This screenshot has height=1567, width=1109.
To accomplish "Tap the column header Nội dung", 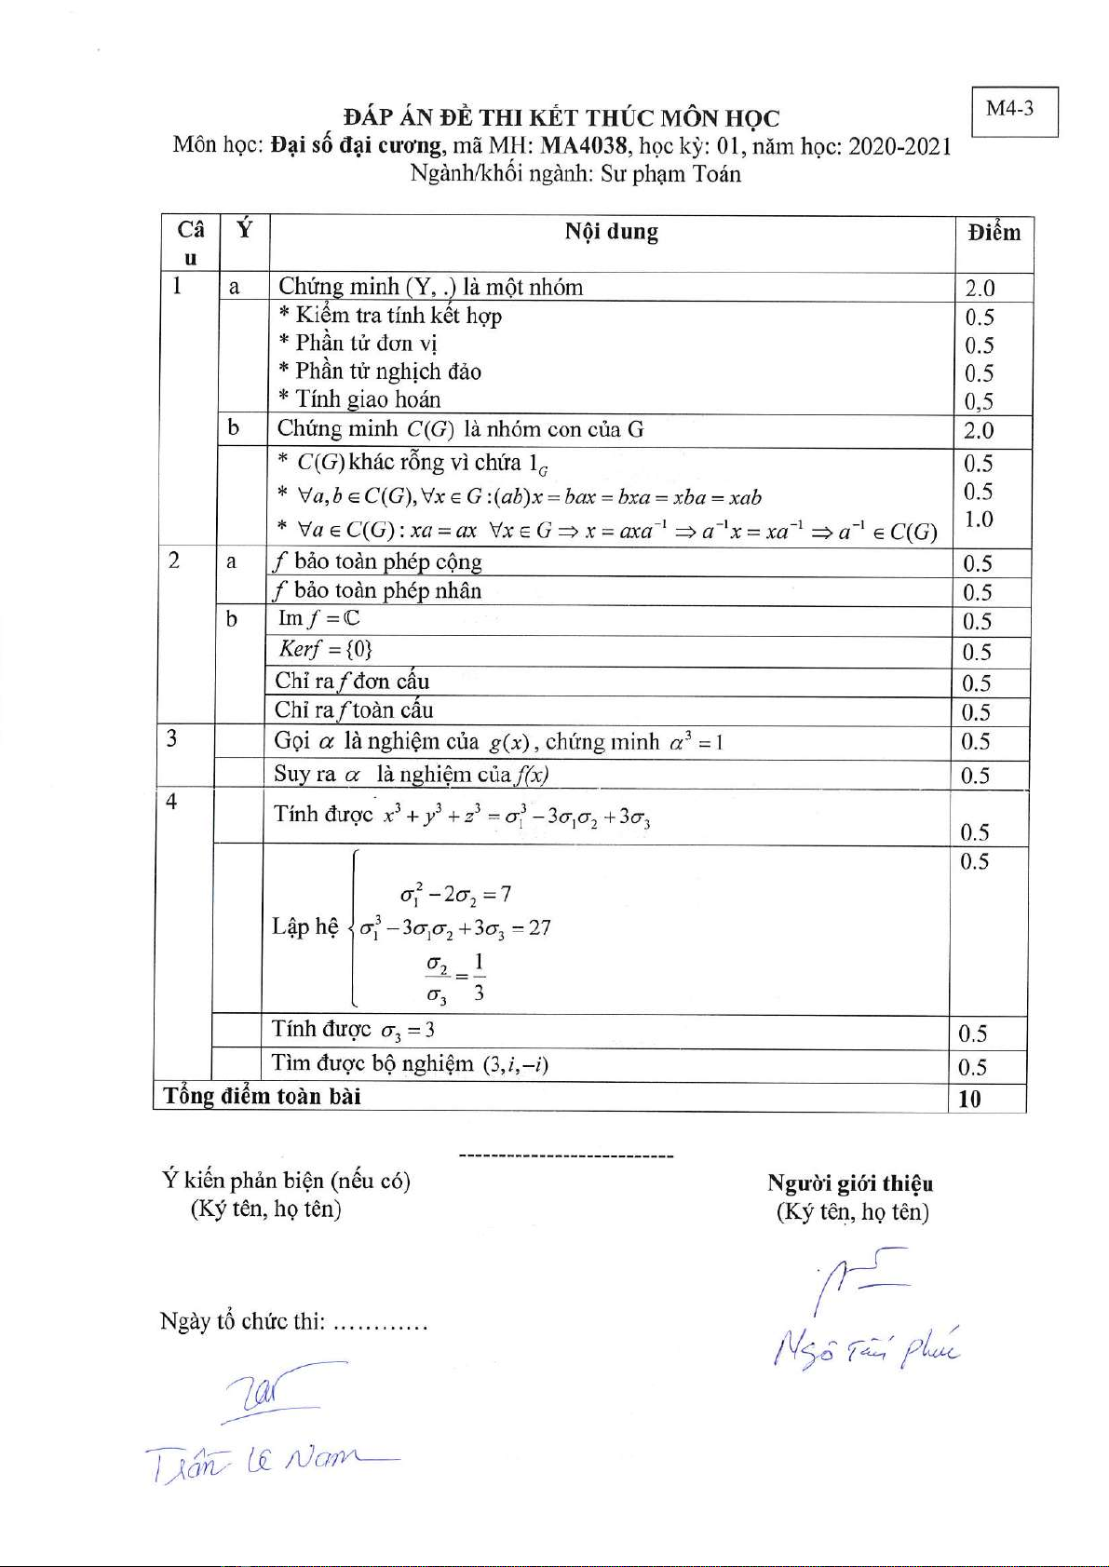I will [x=611, y=232].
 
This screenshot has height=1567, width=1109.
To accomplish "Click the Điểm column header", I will [x=994, y=233].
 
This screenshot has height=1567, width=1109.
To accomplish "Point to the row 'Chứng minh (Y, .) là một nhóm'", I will [x=430, y=287].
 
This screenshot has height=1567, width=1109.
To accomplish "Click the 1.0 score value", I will [x=978, y=520].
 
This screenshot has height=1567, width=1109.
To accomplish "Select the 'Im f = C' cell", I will [x=318, y=618].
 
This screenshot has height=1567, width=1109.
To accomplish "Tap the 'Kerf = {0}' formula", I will [x=325, y=649].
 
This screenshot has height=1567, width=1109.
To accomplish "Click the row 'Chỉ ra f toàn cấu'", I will [x=354, y=710].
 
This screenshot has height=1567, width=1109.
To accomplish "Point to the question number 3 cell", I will [x=172, y=739].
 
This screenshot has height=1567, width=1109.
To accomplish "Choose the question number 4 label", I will [x=172, y=802].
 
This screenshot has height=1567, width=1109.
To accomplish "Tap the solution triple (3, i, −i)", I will [x=515, y=1063].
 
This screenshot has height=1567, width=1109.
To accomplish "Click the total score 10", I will [x=970, y=1099].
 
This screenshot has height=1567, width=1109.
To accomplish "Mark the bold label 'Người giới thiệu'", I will [x=850, y=1183].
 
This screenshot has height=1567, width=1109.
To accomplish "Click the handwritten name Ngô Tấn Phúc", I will [x=865, y=1348].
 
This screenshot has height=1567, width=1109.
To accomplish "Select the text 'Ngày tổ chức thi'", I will [x=242, y=1322].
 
